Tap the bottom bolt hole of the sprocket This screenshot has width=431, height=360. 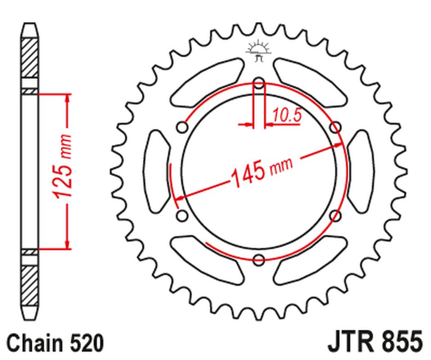[x=259, y=259]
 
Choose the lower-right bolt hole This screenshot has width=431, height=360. [x=336, y=215]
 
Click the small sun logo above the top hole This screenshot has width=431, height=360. [x=259, y=51]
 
